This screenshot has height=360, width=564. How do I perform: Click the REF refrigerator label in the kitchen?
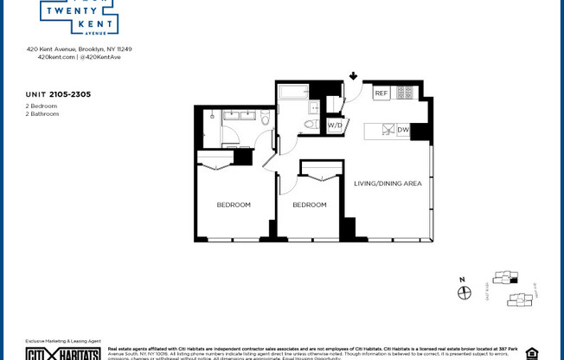[381, 93]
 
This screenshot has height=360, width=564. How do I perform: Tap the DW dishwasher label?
[403, 131]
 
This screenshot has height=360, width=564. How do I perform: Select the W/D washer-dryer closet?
[335, 125]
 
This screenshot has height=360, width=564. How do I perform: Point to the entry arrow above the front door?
[354, 76]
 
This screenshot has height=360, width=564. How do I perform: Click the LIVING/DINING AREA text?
[388, 183]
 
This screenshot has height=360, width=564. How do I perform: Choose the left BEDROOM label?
[234, 205]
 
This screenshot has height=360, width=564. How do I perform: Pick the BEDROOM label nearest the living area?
[309, 205]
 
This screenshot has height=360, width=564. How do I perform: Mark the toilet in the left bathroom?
[265, 117]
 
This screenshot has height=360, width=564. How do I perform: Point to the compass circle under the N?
[464, 292]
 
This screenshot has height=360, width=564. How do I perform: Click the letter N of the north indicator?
[463, 280]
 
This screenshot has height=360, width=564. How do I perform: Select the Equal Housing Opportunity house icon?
[531, 353]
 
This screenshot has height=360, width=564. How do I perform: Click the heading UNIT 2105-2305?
[58, 93]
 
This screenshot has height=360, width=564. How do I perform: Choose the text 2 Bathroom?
[42, 114]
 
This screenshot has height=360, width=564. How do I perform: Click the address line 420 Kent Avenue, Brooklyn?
[79, 49]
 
